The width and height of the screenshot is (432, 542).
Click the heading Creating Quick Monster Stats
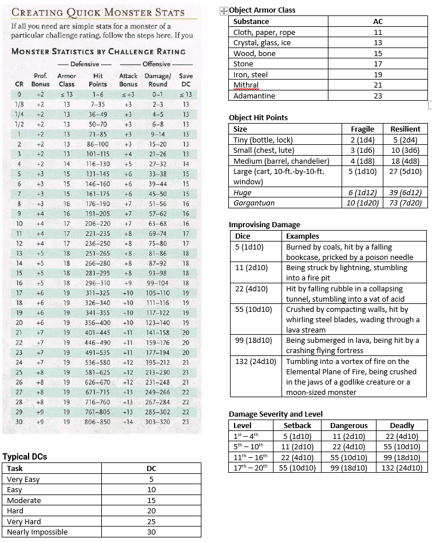98,12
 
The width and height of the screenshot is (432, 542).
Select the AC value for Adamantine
378,96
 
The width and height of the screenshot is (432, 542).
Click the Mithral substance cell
246,85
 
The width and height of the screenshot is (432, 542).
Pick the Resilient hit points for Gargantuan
405,203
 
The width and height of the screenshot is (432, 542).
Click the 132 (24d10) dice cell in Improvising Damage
256,361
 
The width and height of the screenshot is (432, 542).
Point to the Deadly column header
402,425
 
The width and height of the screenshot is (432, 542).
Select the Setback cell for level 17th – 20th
298,468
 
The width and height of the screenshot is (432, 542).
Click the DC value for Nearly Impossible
151,532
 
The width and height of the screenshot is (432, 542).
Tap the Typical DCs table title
25,457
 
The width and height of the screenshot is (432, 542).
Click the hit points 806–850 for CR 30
97,422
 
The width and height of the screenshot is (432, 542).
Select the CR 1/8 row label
19,105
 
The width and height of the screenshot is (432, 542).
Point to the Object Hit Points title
258,117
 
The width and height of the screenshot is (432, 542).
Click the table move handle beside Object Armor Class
224,11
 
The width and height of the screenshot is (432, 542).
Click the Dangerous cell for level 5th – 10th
348,446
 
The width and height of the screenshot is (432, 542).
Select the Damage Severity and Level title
275,414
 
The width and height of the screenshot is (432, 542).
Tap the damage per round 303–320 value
158,422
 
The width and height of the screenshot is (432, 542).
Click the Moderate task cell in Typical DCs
23,500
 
